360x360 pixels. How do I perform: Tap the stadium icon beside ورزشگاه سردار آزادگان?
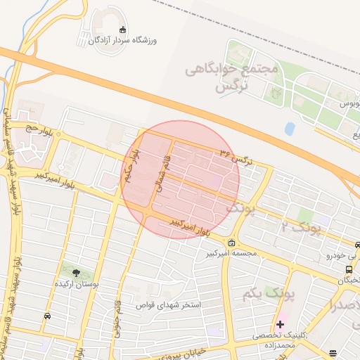point(124,30)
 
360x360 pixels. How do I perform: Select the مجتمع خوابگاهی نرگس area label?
point(232,78)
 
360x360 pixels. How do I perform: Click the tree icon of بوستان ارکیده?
point(76,271)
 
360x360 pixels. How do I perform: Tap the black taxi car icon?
point(46,316)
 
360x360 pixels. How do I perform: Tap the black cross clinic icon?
point(280,324)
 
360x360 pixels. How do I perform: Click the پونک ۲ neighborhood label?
point(300,227)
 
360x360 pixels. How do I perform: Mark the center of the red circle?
point(181,179)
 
